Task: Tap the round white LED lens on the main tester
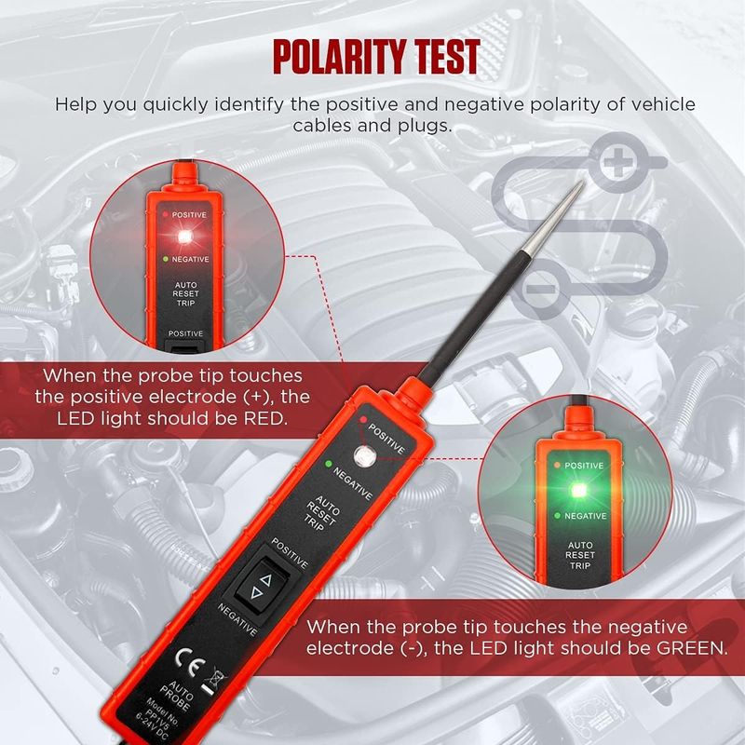pyautogui.click(x=364, y=454)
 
